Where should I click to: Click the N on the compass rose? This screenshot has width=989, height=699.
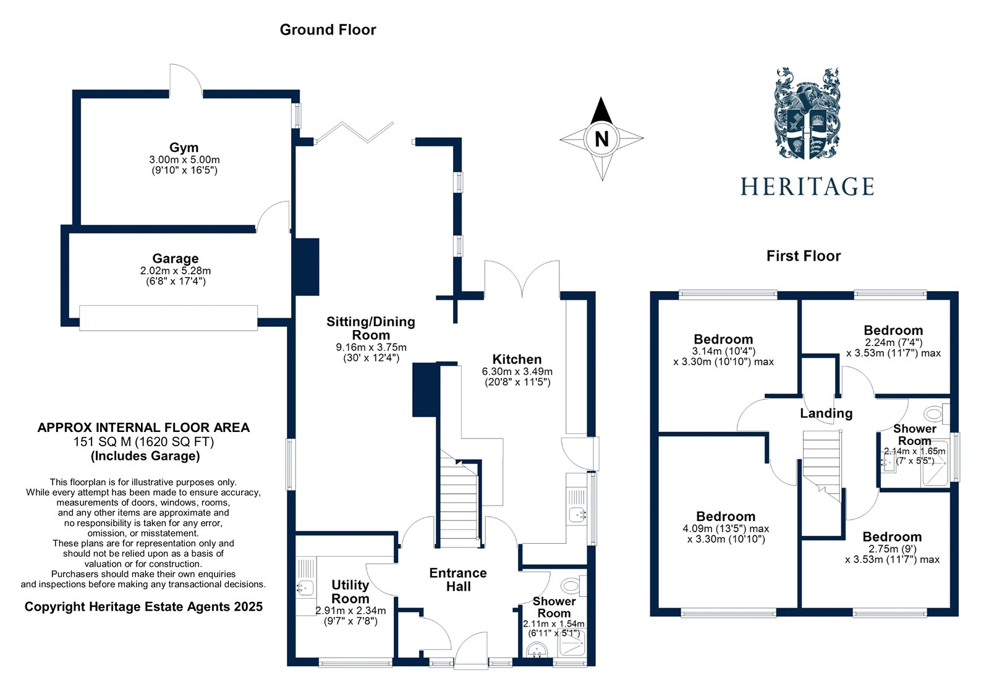pos(601,138)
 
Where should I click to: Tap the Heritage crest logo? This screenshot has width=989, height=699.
pos(807,114)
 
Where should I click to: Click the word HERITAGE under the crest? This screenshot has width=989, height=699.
pos(807,187)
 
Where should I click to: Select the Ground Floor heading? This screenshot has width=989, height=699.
pos(328,30)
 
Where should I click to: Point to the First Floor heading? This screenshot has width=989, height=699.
pos(804,256)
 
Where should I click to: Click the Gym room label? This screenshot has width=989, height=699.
pos(184,147)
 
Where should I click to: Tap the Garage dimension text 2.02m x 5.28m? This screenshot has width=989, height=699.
pos(176,270)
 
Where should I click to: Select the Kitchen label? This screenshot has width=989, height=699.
pos(517,359)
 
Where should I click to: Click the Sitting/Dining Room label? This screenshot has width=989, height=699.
pos(371,328)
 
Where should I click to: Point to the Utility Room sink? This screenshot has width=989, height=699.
pos(305,588)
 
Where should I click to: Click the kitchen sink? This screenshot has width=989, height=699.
pos(577,514)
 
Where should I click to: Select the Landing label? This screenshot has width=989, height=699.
pos(826,413)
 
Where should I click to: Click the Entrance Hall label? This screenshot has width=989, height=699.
pos(458,579)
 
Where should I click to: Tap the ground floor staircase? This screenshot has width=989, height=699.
pos(459,499)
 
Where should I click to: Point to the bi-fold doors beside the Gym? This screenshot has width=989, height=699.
pos(354,132)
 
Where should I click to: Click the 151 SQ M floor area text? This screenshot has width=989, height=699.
pos(143,441)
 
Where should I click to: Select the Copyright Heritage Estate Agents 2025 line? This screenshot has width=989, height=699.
pos(143,607)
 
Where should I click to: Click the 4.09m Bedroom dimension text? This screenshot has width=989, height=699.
pos(726,528)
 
